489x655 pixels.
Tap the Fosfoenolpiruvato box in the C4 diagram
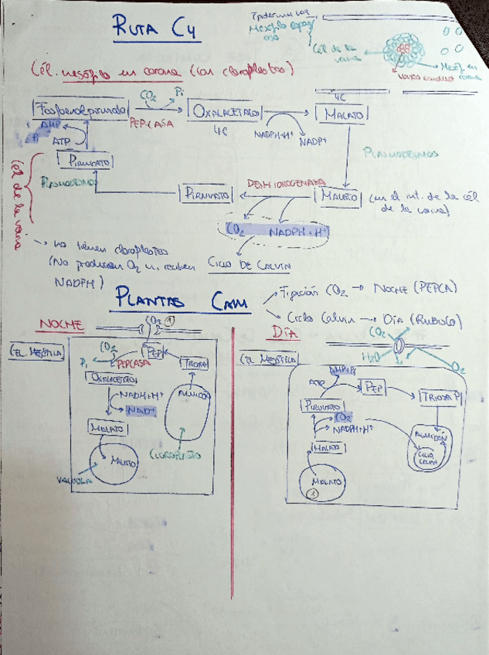[80, 111]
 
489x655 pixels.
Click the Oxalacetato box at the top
[225, 113]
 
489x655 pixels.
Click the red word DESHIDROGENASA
[275, 184]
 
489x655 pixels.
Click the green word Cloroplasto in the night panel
[178, 456]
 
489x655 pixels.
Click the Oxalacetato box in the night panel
[114, 378]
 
